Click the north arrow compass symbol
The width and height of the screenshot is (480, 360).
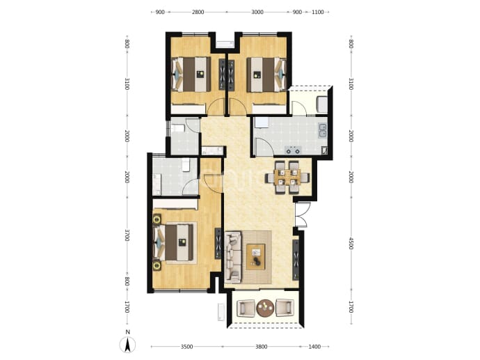click(128, 345)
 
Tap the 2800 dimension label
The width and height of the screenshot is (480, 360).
click(198, 13)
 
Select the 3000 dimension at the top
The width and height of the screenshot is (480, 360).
click(257, 13)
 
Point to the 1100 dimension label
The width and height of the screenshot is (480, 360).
click(318, 13)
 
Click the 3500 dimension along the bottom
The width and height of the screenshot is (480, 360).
click(186, 347)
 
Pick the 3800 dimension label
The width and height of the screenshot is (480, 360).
click(261, 347)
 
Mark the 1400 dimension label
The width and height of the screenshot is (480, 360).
click(314, 347)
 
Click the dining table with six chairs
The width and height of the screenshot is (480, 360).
click(287, 178)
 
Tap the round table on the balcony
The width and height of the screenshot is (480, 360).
click(265, 308)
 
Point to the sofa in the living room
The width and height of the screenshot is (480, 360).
click(233, 257)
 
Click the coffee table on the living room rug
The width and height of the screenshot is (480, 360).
click(256, 257)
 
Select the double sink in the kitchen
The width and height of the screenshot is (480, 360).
click(322, 130)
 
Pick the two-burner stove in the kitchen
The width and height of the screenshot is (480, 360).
click(293, 150)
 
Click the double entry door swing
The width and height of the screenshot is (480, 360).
click(301, 214)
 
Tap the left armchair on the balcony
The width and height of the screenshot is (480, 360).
click(246, 308)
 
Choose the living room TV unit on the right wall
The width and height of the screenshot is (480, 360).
click(296, 260)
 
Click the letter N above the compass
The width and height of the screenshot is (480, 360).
click(128, 332)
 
